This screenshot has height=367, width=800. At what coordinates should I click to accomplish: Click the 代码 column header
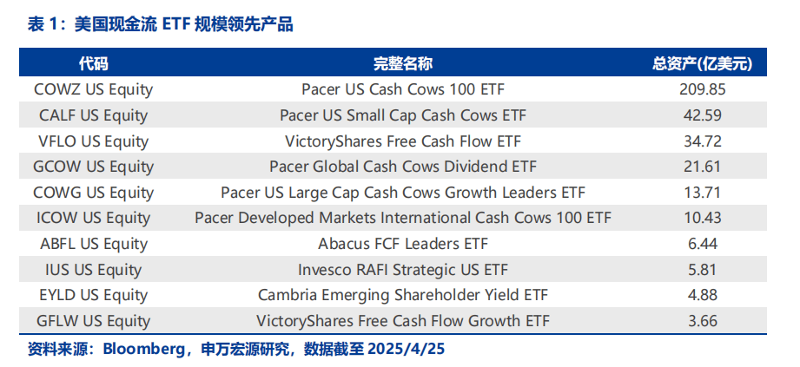point(93,63)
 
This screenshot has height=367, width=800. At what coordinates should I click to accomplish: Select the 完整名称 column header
point(402,63)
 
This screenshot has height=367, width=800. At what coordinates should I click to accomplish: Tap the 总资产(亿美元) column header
point(703,63)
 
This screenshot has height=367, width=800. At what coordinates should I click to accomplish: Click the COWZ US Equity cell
point(93,90)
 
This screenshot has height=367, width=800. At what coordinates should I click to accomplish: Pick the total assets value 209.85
point(703,89)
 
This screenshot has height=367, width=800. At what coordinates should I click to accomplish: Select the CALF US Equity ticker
point(93,115)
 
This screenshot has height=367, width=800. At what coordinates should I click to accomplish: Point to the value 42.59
point(703,115)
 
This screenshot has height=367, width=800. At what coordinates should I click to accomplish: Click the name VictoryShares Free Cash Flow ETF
point(402,141)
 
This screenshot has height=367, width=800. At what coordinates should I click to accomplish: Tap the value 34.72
point(703,141)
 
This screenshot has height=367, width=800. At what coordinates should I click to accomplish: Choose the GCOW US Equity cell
point(93,167)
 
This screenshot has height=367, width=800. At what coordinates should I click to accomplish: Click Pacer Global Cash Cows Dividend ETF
point(402,167)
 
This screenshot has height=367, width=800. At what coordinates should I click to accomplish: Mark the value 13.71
point(703,193)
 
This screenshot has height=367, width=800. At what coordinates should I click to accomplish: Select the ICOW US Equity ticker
point(93,219)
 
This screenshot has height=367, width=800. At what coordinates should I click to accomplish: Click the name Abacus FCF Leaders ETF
point(402,244)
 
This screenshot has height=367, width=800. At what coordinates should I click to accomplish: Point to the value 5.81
point(703,269)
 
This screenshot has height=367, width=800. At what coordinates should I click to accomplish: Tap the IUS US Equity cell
point(93,270)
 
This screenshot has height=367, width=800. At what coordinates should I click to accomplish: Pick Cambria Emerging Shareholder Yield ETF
point(402,295)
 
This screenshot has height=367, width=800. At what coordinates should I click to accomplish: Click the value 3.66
point(703,321)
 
